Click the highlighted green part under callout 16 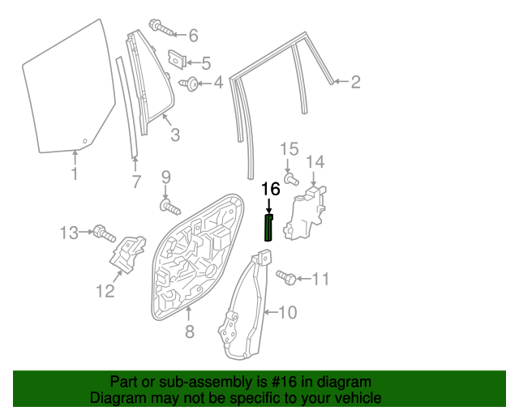click(269, 229)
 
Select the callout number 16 click(270, 190)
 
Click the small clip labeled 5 click(177, 60)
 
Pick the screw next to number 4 click(191, 83)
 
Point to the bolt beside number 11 click(285, 277)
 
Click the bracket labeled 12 click(127, 256)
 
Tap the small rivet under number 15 click(291, 178)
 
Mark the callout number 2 click(355, 82)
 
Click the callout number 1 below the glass click(74, 174)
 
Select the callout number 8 click(189, 331)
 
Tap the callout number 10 click(289, 311)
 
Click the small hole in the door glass click(84, 139)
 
